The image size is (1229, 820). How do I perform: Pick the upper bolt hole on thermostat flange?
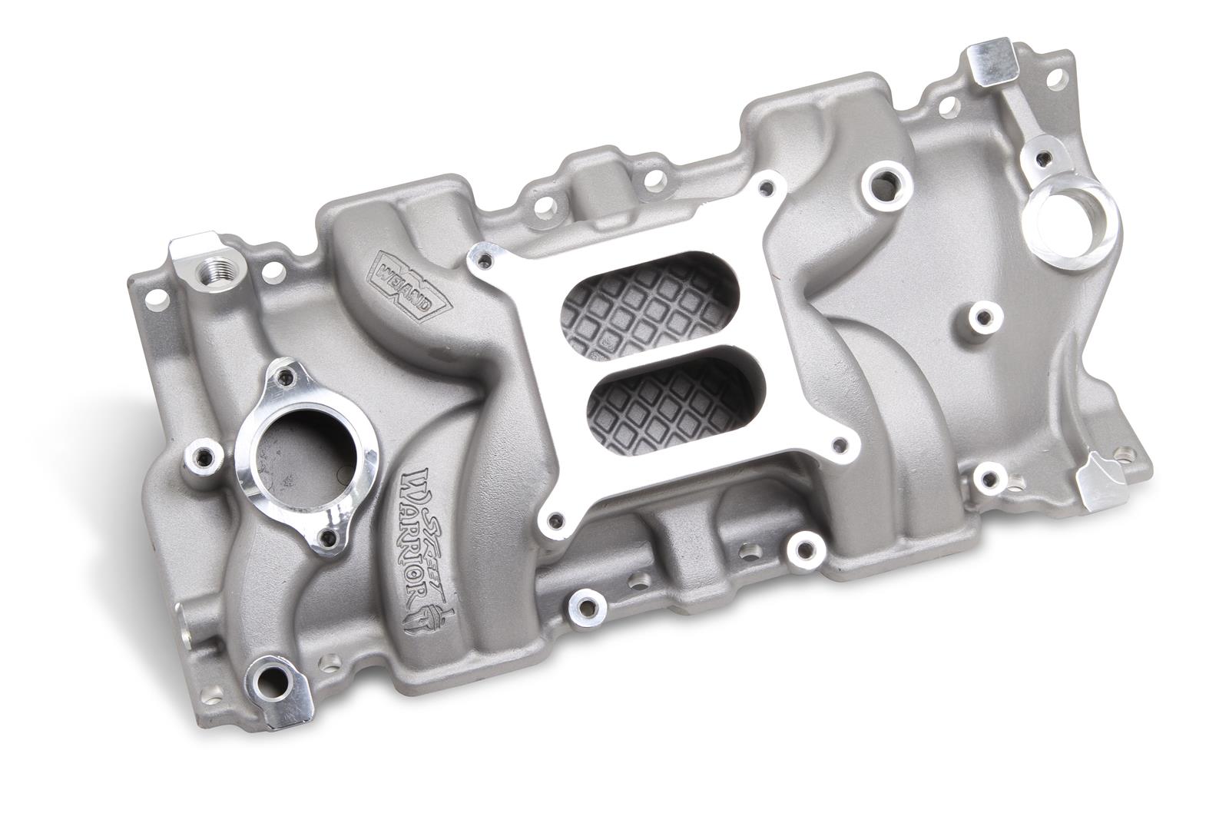tap(288, 376)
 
